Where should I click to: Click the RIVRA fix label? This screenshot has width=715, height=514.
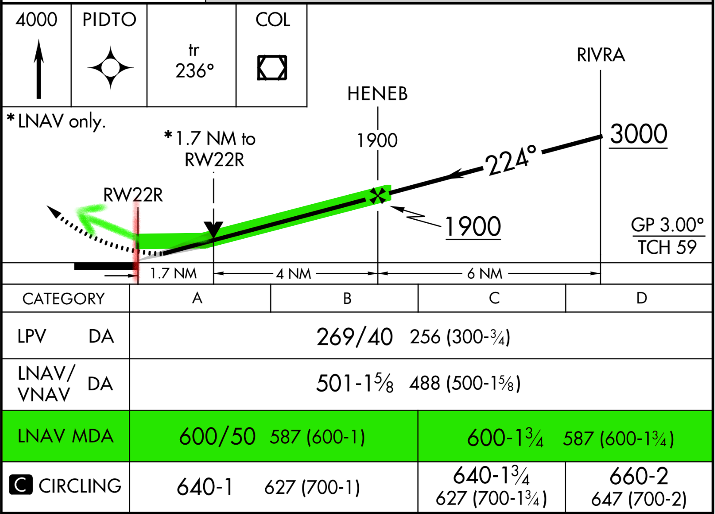point(601,55)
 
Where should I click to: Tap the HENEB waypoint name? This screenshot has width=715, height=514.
point(377,94)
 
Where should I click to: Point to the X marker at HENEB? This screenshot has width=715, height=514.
point(378,196)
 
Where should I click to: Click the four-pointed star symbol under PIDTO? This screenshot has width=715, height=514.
point(110,68)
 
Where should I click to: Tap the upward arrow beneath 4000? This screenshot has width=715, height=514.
point(39,69)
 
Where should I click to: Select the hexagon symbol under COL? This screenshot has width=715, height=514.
point(272,68)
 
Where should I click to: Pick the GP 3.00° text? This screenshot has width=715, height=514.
point(667,225)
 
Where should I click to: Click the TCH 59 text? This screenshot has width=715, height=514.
point(667,248)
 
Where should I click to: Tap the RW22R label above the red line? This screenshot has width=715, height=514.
point(133,195)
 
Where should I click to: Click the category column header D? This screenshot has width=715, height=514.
point(641,298)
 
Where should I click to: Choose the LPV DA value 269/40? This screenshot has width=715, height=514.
point(354,337)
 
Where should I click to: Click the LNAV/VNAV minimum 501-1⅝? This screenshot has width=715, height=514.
point(354,383)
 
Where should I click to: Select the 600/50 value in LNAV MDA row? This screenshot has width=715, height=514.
point(217,436)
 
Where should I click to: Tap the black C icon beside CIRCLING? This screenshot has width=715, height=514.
point(21,485)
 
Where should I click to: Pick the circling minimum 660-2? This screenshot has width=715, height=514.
point(639,477)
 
